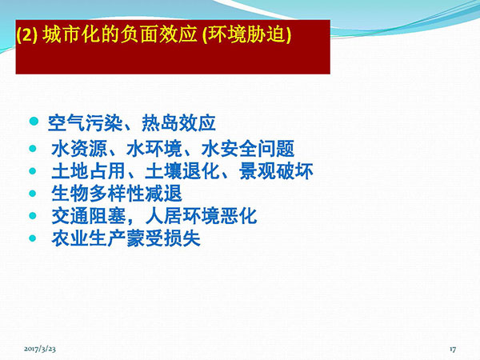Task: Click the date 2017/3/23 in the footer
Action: [40, 349]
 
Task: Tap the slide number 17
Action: [453, 349]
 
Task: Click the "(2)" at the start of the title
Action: [27, 34]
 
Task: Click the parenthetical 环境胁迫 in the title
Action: [246, 34]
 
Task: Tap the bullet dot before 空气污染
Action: [34, 122]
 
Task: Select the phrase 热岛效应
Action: [178, 123]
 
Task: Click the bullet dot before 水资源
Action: [33, 149]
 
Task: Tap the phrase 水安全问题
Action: [248, 149]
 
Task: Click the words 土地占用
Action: [89, 171]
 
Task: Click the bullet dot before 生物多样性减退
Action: [33, 194]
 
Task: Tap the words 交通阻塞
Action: [89, 216]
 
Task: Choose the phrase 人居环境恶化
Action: [201, 216]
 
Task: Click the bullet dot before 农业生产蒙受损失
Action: [33, 238]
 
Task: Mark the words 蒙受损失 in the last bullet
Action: [163, 238]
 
